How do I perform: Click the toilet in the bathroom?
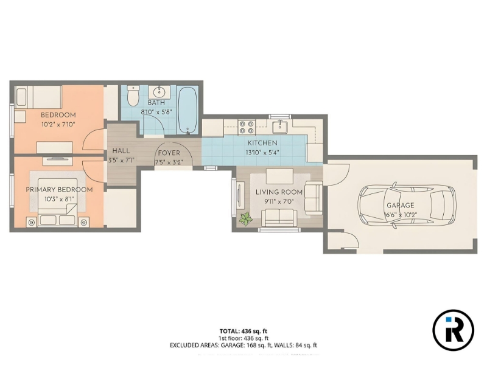pos(133,96)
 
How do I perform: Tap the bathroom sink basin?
pos(159,92)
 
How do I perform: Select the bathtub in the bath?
pos(187,111)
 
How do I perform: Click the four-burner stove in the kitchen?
pos(247,128)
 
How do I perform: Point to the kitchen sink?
pos(280,127)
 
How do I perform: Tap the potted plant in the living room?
pos(246,219)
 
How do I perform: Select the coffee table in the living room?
pos(279,176)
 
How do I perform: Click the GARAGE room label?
pos(401,205)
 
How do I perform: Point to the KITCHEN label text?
pos(262,143)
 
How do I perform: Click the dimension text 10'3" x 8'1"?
pos(59,199)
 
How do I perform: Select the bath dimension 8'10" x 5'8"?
pos(156,112)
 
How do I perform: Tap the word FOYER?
pos(169,153)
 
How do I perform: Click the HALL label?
pos(121,151)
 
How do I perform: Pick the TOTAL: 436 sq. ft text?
pos(243,331)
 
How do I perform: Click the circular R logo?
pos(453,330)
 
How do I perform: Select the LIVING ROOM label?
pos(279,192)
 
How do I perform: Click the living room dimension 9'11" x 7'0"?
pos(279,201)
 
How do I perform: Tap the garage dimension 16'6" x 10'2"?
pos(401,215)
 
